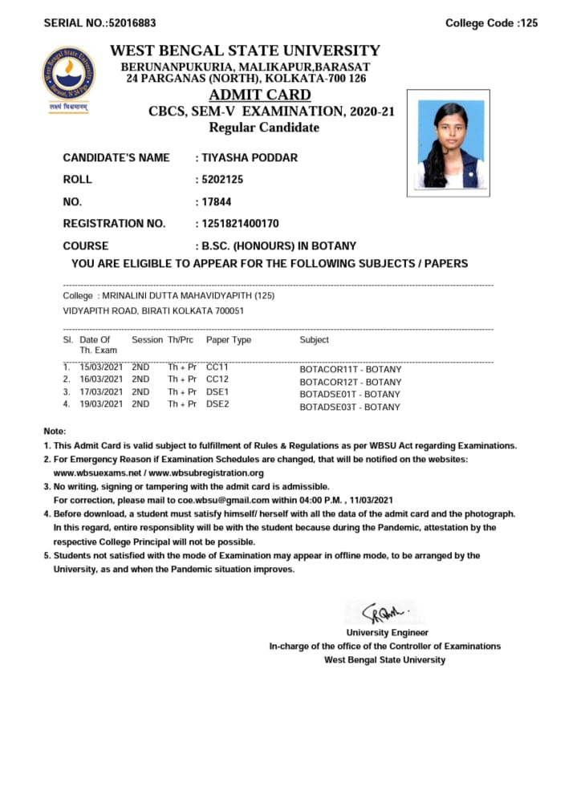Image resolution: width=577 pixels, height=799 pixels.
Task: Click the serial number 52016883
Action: click(128, 23)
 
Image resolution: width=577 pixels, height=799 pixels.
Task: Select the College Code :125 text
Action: click(491, 23)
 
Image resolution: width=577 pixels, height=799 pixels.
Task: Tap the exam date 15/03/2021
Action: click(101, 367)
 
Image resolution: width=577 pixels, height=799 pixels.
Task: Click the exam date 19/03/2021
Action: click(101, 404)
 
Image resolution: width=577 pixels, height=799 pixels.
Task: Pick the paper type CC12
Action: click(217, 379)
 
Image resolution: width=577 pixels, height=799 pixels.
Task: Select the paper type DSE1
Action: click(217, 391)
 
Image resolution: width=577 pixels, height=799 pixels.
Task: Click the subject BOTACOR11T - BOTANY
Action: click(350, 370)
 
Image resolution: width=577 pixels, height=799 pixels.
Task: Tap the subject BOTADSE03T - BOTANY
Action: click(350, 408)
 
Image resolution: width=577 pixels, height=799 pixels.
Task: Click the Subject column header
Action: click(314, 340)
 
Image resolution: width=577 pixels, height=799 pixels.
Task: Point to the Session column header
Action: click(147, 340)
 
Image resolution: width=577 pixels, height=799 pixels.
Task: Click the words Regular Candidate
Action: click(263, 128)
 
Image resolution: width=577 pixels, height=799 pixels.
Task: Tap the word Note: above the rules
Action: click(55, 432)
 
